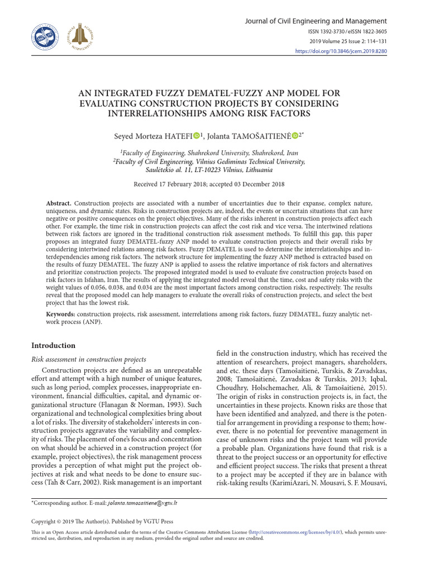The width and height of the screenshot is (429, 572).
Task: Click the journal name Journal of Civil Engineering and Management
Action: pos(316,21)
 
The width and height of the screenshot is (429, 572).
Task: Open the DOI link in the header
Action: pos(341,51)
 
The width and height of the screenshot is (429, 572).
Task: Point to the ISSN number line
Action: pos(348,32)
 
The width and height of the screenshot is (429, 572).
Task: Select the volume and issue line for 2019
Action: pos(347,41)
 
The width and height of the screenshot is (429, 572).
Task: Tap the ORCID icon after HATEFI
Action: pos(197,135)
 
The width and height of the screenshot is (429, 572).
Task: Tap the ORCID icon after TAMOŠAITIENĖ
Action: pos(295,135)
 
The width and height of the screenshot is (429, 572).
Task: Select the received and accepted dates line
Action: pos(209,184)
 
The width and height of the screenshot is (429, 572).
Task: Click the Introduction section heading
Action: pos(53,346)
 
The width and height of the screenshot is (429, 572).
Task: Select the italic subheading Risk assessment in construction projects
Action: pos(89,359)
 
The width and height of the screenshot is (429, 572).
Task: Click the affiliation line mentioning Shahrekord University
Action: pos(209,152)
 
